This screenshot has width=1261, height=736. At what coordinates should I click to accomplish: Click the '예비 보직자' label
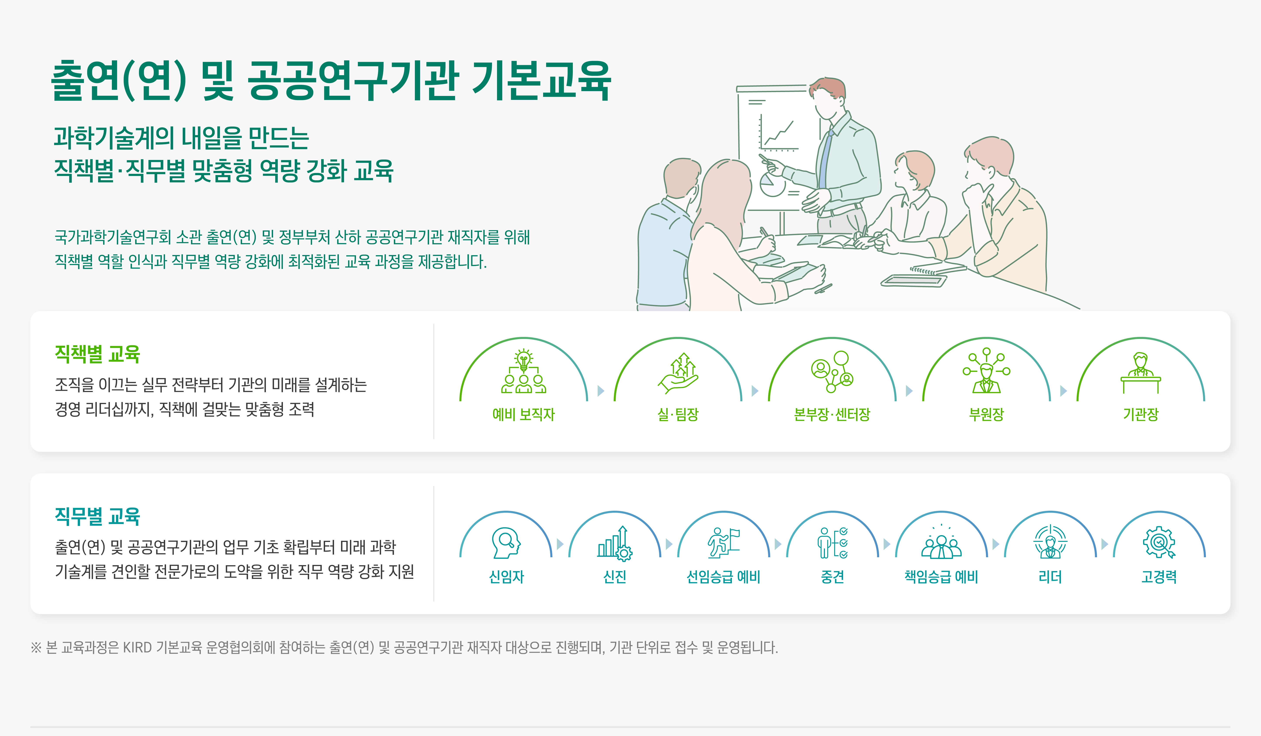tap(523, 415)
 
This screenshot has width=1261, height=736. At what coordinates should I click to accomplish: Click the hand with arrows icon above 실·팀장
tap(678, 373)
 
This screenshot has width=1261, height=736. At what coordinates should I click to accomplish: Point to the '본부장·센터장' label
tap(832, 415)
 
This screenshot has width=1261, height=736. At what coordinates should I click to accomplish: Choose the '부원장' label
tap(986, 415)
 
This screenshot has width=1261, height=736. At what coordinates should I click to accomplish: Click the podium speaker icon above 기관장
tap(1140, 373)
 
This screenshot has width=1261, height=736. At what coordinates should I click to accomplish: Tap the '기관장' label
tap(1140, 415)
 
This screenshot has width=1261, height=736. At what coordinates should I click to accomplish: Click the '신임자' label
tap(506, 577)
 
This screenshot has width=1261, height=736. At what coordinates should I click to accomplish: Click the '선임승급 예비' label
tap(724, 577)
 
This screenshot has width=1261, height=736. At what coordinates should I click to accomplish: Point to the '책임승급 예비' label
tap(941, 577)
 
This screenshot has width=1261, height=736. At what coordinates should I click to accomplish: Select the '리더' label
tap(1050, 577)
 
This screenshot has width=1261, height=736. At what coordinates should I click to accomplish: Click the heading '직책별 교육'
tap(98, 354)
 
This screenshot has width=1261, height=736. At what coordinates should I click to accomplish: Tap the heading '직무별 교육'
tap(98, 516)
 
